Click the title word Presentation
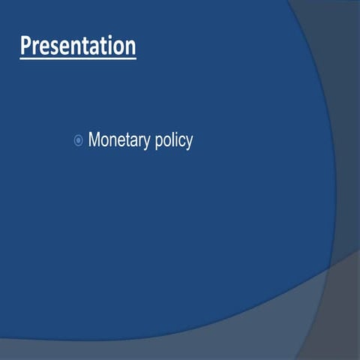point(78,46)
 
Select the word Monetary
point(118,140)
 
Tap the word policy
point(173,140)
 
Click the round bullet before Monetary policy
point(78,140)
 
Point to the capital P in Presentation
point(26,46)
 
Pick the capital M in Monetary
point(94,139)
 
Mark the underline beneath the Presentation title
point(78,58)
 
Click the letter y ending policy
point(189,142)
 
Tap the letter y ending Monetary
point(146,142)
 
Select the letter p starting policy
point(158,142)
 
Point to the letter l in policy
point(172,139)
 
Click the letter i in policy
point(176,139)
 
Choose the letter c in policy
point(181,141)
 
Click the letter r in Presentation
point(34,47)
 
